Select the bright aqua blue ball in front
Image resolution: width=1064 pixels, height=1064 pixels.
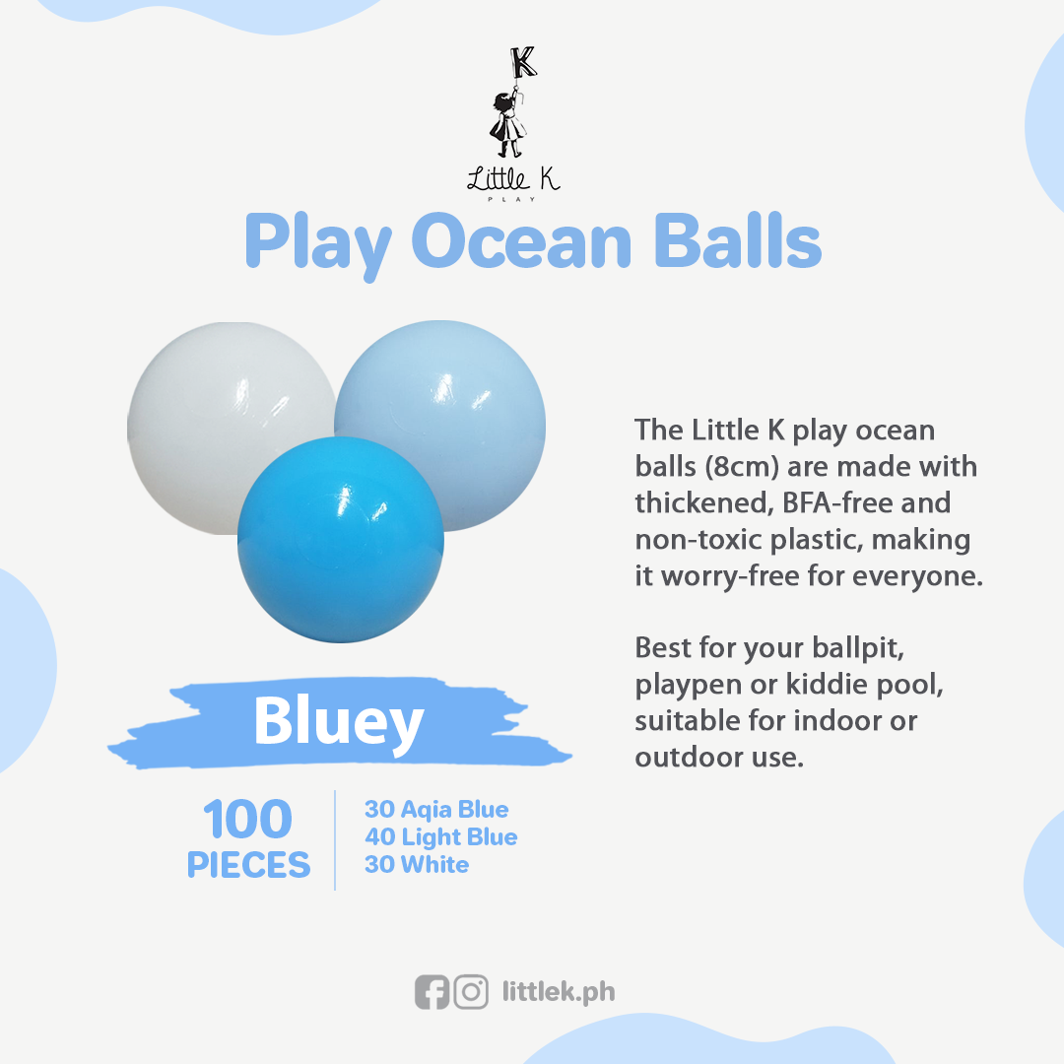[341, 540]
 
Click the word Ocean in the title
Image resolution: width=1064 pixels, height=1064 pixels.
[521, 242]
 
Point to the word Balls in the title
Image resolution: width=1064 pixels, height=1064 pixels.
[738, 241]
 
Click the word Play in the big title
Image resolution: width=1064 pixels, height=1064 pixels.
[318, 245]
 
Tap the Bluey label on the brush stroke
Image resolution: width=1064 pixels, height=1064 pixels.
[339, 723]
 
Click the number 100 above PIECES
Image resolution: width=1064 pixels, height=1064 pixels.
[247, 820]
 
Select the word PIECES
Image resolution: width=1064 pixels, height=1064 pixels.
[248, 865]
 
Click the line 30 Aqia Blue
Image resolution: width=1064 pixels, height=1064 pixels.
[436, 810]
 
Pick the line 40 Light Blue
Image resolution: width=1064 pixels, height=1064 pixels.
[441, 837]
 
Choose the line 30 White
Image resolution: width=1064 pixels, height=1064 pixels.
[417, 865]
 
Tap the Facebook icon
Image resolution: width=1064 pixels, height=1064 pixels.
[432, 993]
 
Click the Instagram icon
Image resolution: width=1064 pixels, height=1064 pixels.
[471, 993]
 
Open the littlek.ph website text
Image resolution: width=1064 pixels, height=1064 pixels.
[559, 993]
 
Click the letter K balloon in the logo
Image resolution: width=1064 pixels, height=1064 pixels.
[524, 62]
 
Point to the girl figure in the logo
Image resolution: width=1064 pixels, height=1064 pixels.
[507, 122]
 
